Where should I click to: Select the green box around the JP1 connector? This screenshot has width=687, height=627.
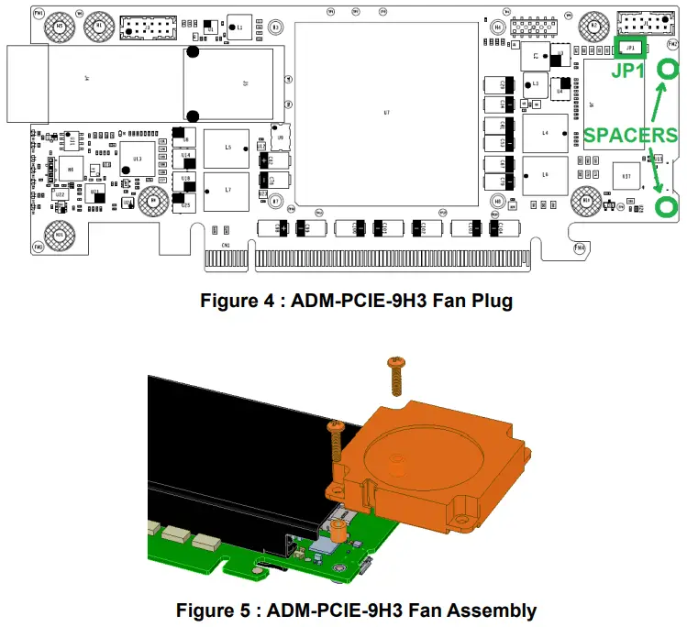click(631, 48)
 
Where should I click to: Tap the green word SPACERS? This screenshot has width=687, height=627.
click(631, 136)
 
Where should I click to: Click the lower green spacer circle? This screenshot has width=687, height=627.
click(668, 204)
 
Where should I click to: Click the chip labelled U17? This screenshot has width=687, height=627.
click(626, 176)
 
